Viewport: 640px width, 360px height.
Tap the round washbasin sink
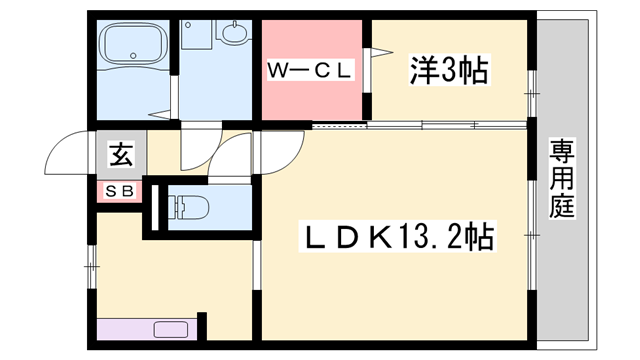pos(234,36)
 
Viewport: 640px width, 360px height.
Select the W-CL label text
pos(309,70)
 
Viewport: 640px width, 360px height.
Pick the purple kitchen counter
pos(150,329)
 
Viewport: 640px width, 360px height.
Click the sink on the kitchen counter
pos(174,329)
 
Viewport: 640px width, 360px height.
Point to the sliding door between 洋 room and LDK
pos(420,125)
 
